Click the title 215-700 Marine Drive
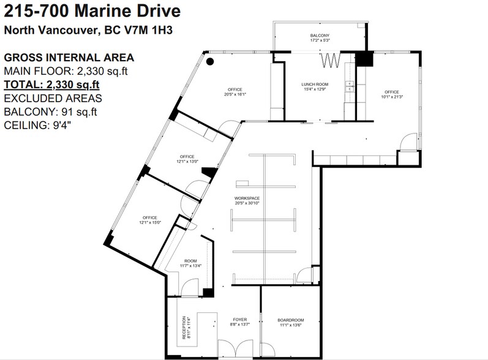pos(92,10)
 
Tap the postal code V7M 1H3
pos(149,30)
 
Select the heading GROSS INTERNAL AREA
pos(69,58)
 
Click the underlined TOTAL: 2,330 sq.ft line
pos(51,84)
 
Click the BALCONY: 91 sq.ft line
pos(50,111)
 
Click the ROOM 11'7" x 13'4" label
pos(190,264)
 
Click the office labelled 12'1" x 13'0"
pos(187,159)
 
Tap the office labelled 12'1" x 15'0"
pos(150,220)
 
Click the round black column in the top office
pos(209,61)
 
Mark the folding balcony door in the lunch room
pos(330,59)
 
